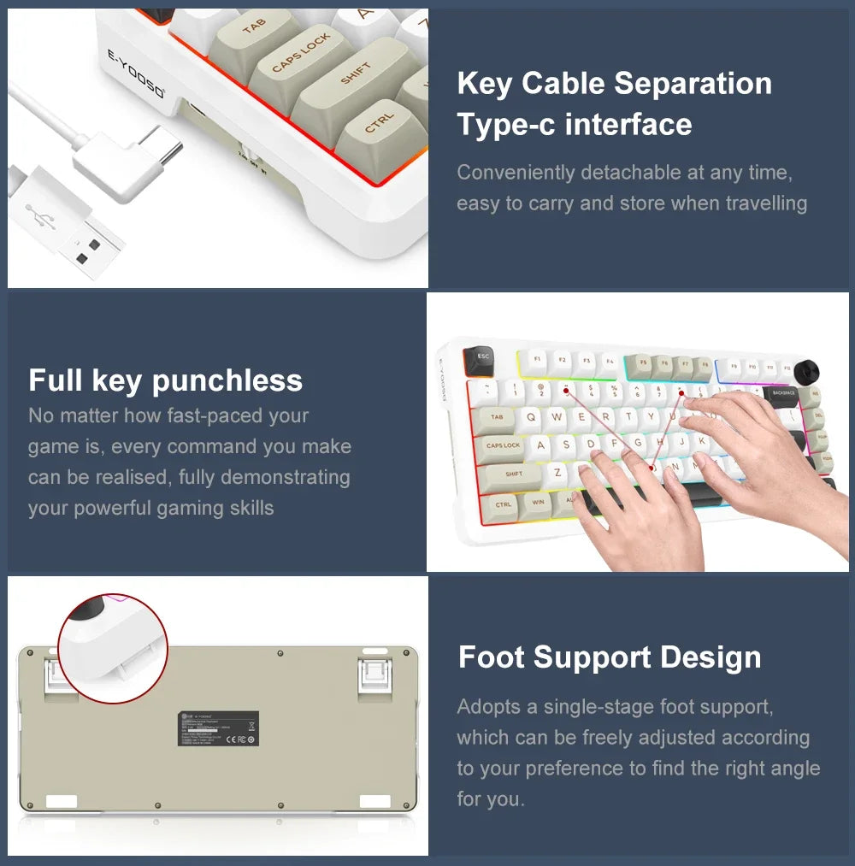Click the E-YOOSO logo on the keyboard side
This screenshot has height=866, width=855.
137,76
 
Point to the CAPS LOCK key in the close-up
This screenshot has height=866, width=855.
300,53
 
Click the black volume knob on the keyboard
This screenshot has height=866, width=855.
806,372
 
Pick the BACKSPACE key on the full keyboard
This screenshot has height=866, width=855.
782,393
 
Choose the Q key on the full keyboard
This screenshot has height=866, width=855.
532,417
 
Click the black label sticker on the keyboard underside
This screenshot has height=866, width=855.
218,728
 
